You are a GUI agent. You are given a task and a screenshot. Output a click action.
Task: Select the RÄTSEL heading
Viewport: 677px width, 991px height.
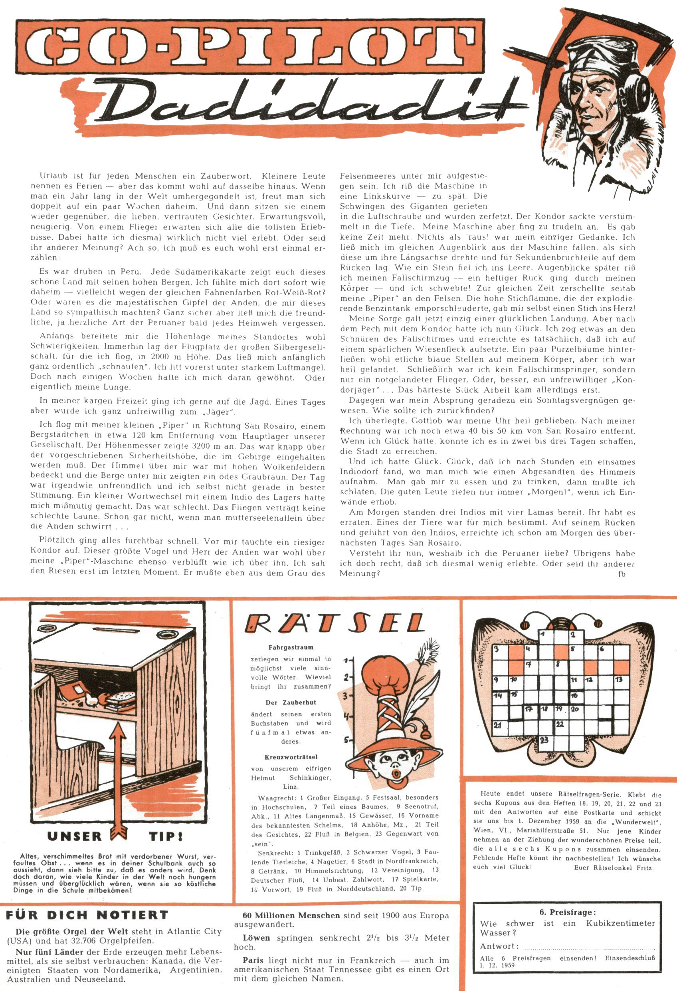335,624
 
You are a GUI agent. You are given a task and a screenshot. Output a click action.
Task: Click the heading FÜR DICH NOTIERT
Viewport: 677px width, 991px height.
87,915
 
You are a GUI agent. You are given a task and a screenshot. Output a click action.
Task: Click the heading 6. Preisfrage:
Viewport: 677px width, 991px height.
568,913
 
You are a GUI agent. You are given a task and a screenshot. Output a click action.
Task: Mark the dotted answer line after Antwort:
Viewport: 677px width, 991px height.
588,947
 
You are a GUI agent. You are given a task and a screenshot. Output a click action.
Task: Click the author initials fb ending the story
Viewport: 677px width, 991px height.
622,574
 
